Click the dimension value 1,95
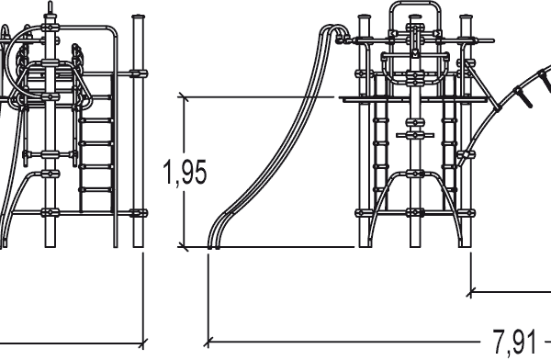pos(186,172)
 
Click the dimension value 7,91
pos(515,342)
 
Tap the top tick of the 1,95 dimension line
pos(183,97)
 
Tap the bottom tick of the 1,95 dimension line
pos(183,247)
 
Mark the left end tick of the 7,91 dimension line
pos(208,342)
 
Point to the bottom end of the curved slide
pos(213,247)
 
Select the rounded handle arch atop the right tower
pos(415,5)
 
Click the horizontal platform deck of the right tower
pos(415,99)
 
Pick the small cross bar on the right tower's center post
pos(415,135)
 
